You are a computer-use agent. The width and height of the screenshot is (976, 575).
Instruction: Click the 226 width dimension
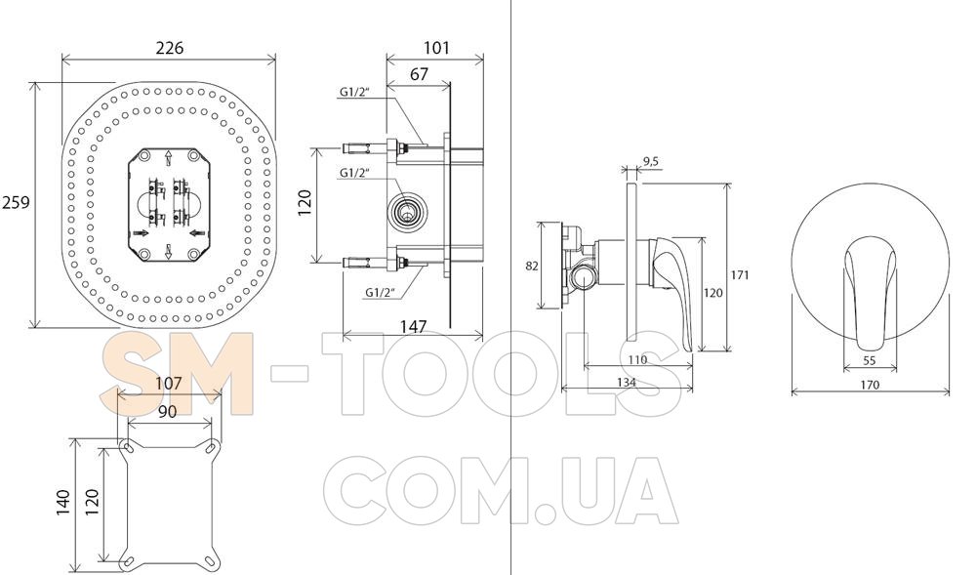[169, 48]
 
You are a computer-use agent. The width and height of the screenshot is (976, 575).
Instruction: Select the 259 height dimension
[15, 202]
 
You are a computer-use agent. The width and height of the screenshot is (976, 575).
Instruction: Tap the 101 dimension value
[436, 48]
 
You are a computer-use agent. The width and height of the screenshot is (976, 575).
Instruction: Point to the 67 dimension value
[420, 74]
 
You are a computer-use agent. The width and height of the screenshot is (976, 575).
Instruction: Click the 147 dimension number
[413, 327]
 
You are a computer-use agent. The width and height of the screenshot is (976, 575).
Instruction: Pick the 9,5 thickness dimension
[650, 162]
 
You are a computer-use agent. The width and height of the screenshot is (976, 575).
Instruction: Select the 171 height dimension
[740, 275]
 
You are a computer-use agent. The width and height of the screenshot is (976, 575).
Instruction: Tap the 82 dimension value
[532, 266]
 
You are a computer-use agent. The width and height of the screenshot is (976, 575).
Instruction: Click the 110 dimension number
[637, 359]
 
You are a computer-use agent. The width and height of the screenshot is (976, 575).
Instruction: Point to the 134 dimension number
[627, 382]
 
